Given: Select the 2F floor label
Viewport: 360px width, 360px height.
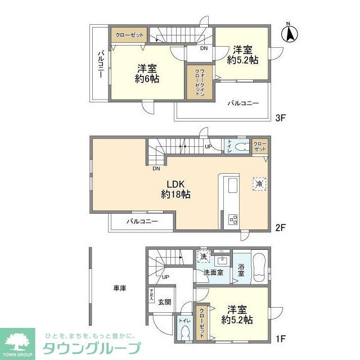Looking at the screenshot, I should (281, 228).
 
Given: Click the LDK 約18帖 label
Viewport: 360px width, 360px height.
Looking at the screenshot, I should (175, 189).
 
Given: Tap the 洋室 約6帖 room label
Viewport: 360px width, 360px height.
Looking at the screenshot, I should (147, 74).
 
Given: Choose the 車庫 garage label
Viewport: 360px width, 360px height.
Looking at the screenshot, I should (119, 289).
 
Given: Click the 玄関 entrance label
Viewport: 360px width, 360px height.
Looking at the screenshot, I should (165, 301).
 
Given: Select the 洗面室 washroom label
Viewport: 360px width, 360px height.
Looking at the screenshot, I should (213, 272).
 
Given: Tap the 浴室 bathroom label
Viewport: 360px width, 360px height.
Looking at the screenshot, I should (241, 269).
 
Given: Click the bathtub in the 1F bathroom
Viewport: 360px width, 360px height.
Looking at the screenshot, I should (259, 268).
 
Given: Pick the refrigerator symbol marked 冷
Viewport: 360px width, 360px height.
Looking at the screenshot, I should (259, 183).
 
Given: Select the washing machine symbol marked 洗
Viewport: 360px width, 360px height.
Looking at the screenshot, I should (203, 256).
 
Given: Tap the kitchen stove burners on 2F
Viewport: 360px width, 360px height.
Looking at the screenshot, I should (232, 219).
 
